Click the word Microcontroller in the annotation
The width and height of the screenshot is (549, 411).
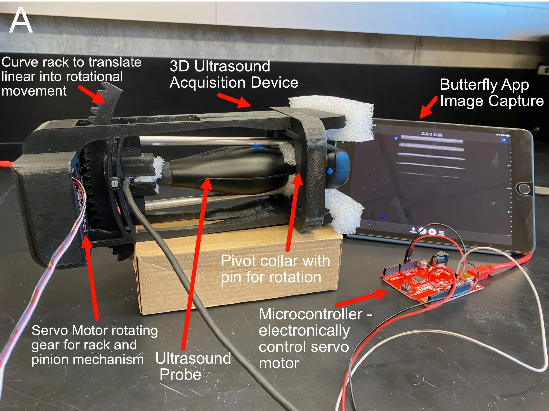coord(311,314)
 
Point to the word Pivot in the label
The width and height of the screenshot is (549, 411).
coord(238,261)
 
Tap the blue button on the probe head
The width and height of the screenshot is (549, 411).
coord(329,171)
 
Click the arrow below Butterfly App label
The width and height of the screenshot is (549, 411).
coord(429,107)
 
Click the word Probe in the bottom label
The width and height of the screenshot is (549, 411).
coord(180,374)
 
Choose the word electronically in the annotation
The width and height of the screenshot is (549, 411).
coord(304,331)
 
